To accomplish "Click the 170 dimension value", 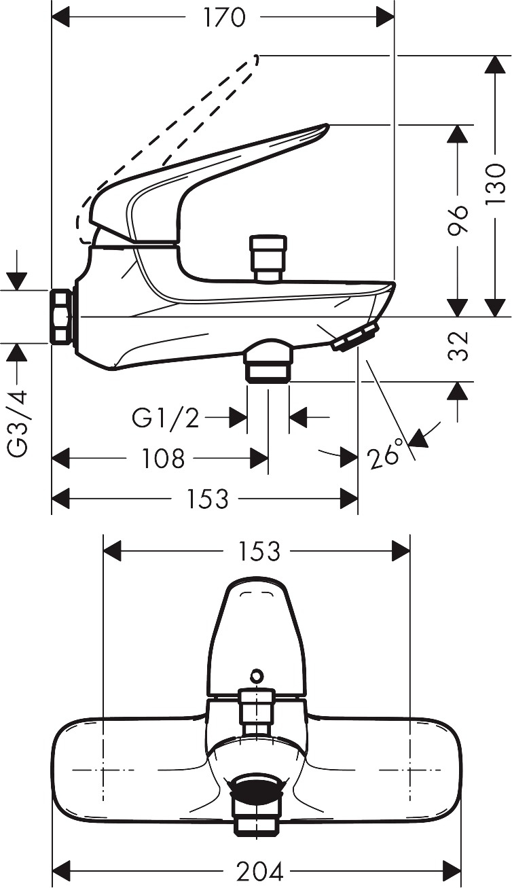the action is click(x=224, y=18).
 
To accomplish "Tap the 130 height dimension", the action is click(x=496, y=183).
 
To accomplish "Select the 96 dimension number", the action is click(x=458, y=219).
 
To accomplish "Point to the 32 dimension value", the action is click(x=458, y=346).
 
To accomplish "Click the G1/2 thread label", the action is click(x=165, y=418).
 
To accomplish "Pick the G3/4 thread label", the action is click(x=18, y=424).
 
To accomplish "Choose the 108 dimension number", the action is click(x=163, y=459).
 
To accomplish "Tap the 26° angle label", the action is click(x=384, y=454).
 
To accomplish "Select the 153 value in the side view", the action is click(x=208, y=498).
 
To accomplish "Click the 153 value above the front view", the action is click(x=259, y=551).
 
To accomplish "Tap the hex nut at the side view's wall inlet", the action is click(x=62, y=317).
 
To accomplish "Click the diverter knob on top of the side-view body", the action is click(x=268, y=258).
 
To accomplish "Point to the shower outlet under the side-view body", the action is click(x=268, y=360).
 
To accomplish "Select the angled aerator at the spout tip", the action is click(x=355, y=336).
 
